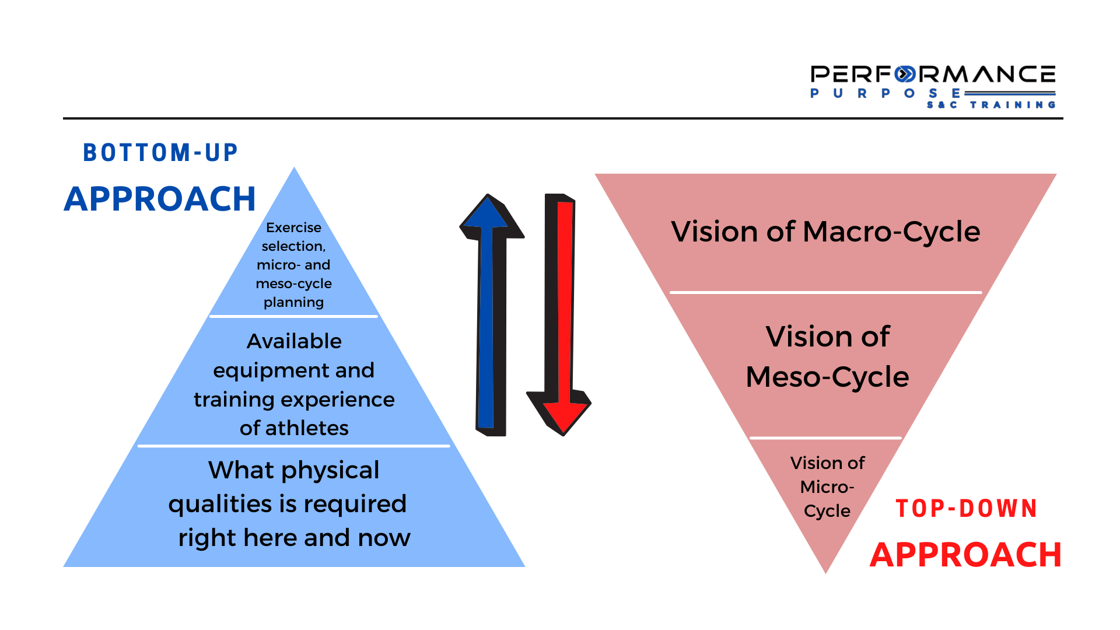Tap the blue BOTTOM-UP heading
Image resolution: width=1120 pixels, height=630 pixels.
[160, 153]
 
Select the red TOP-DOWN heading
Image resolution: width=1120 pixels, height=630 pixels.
[967, 509]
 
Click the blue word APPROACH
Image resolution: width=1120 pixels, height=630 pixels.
[160, 199]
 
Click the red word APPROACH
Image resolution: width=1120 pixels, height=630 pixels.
[965, 555]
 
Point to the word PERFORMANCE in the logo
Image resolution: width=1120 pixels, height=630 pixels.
[933, 75]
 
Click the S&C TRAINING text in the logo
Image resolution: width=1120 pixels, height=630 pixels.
[991, 105]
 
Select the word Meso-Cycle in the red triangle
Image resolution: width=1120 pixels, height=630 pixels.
[827, 377]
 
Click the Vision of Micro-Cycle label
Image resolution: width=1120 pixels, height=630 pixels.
[827, 487]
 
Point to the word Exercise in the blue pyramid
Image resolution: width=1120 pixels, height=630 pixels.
[293, 228]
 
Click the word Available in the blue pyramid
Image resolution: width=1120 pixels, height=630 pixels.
[294, 341]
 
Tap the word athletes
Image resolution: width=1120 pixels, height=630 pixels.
[307, 428]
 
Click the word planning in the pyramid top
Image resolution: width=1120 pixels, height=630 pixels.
[293, 302]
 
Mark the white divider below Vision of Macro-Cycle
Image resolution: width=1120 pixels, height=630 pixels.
[825, 292]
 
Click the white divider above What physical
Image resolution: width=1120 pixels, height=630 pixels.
[293, 446]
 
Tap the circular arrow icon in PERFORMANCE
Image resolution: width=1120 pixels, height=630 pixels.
[905, 75]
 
